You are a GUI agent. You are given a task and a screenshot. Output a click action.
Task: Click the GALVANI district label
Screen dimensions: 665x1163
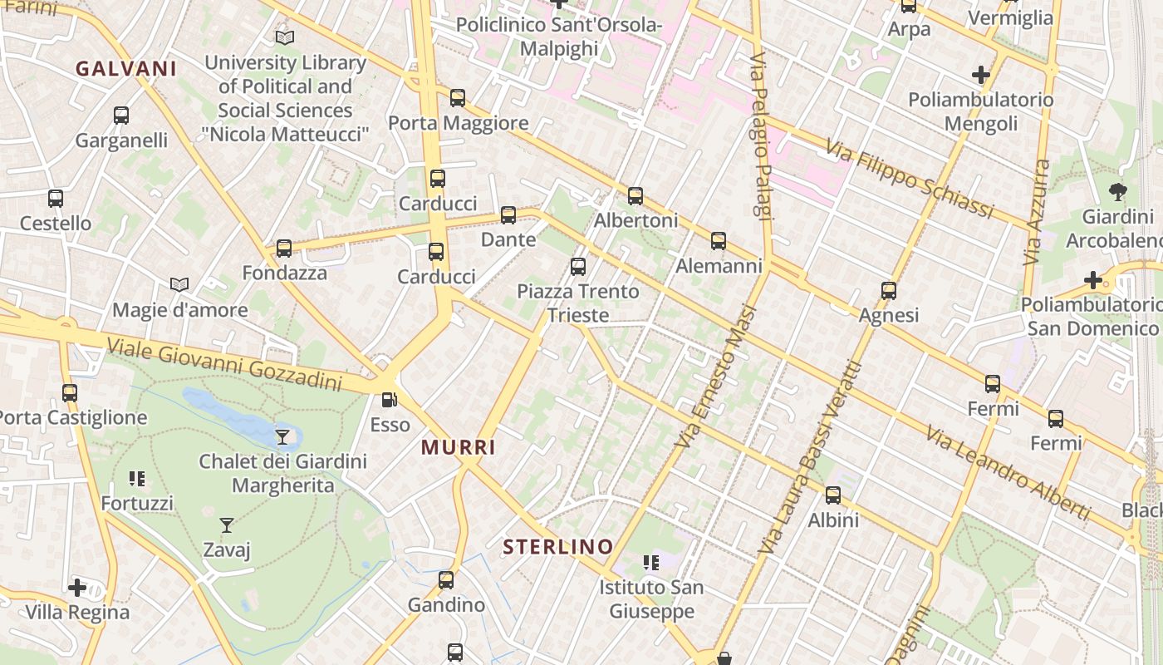(126, 69)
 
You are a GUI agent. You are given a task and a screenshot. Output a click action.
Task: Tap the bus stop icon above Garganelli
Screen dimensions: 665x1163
(121, 116)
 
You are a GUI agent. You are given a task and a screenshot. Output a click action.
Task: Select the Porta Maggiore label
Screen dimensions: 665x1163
(459, 124)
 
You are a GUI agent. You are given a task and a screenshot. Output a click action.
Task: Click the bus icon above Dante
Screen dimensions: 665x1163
(508, 215)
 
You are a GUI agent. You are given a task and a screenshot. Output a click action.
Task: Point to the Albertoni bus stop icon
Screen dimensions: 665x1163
(635, 196)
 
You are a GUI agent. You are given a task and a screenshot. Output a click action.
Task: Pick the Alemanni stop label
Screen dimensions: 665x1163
(719, 266)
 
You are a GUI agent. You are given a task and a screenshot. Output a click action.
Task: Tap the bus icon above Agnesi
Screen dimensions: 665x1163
(889, 291)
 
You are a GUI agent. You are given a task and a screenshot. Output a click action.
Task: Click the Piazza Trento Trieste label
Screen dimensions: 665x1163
(578, 303)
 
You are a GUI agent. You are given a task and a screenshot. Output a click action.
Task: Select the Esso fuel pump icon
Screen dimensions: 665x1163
(389, 400)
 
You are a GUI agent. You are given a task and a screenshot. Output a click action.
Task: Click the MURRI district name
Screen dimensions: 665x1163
(459, 448)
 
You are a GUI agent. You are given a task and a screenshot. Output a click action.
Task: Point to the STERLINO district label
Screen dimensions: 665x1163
(558, 547)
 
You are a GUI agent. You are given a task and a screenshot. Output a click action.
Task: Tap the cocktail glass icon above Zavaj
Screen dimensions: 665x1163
(226, 525)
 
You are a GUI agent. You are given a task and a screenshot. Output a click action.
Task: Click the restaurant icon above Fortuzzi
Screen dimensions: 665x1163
(137, 478)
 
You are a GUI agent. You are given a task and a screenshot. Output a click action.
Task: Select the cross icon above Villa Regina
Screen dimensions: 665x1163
(77, 588)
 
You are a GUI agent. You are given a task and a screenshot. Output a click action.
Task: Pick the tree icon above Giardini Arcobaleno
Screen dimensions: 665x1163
(1118, 193)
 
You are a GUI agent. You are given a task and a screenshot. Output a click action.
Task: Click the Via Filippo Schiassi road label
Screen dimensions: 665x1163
(909, 179)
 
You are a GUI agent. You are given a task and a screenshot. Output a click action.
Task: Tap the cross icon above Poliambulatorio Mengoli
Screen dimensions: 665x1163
(981, 75)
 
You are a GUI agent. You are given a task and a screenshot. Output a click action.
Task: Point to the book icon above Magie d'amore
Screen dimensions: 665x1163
(179, 285)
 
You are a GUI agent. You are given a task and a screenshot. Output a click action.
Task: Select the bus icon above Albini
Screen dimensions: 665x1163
(833, 495)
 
